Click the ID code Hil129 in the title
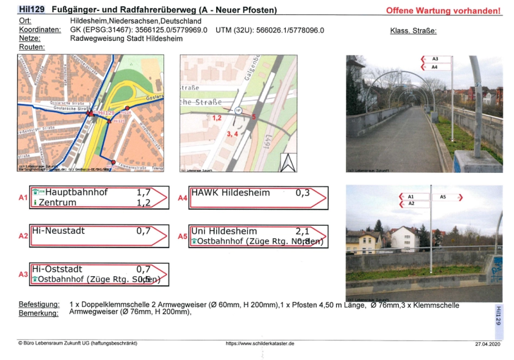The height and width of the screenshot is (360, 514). [31, 10]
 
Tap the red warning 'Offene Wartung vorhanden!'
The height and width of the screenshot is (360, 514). [443, 11]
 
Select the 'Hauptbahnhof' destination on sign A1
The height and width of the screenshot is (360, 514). [77, 192]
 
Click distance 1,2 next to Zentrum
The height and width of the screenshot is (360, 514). [143, 203]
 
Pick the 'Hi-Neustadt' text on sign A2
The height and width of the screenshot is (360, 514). [58, 231]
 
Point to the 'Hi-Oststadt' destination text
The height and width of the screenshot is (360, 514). [57, 269]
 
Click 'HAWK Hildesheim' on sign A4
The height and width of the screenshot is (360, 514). [230, 192]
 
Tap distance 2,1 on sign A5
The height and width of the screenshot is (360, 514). [302, 231]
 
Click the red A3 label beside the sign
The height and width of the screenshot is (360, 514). [23, 274]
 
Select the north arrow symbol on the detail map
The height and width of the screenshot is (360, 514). [288, 162]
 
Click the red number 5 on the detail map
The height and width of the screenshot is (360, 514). [254, 116]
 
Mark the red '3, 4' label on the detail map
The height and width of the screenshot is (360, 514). [233, 133]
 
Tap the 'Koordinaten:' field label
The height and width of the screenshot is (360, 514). [40, 30]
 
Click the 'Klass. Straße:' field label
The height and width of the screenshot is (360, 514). [413, 30]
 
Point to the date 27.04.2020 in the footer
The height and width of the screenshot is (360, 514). [487, 344]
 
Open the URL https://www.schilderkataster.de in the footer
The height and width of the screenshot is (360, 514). [260, 344]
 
